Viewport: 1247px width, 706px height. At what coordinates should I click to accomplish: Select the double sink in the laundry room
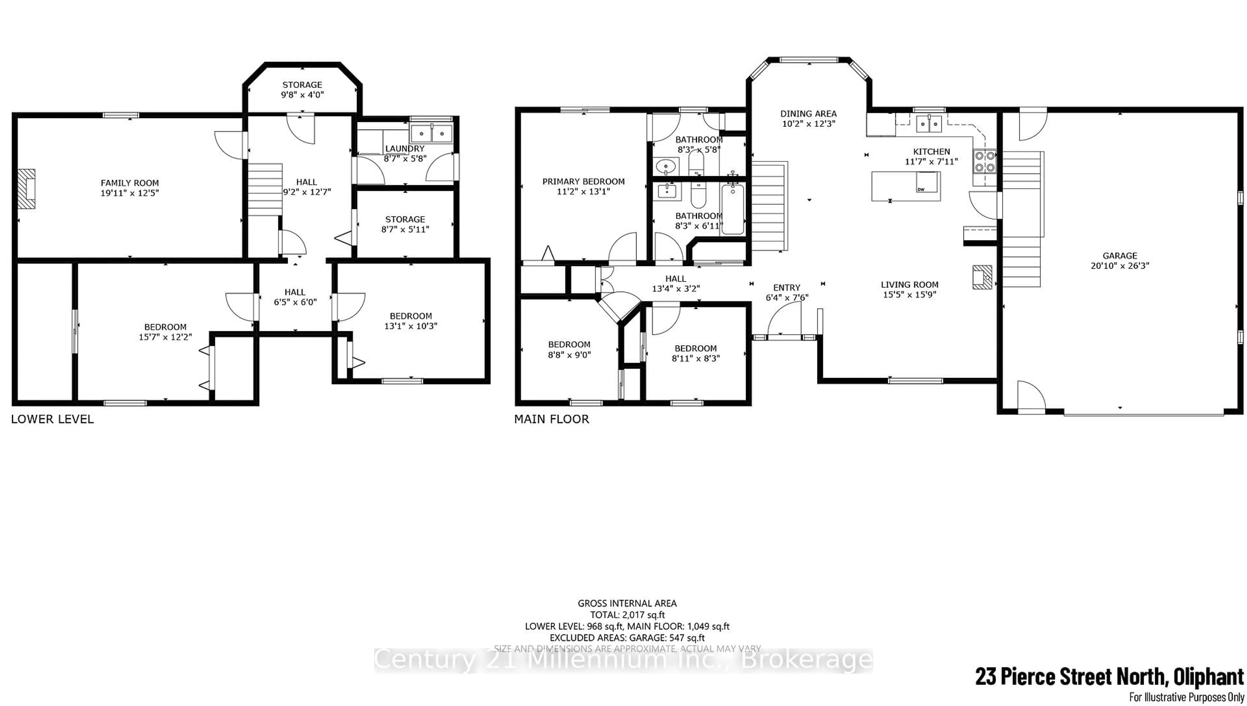click(x=431, y=132)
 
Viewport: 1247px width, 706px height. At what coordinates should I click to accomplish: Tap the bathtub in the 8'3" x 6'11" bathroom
click(x=733, y=210)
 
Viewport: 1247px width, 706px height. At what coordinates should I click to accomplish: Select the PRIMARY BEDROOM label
click(x=583, y=182)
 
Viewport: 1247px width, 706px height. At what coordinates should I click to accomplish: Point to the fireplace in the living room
click(x=982, y=277)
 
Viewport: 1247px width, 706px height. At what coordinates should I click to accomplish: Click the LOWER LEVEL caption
click(x=52, y=419)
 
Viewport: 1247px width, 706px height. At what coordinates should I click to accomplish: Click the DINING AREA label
click(x=808, y=114)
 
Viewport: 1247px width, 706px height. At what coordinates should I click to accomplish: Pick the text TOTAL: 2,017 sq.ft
click(x=627, y=615)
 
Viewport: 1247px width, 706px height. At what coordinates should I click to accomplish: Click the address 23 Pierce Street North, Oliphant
click(x=1109, y=677)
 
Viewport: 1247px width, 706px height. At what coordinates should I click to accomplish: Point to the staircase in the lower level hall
click(x=265, y=189)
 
